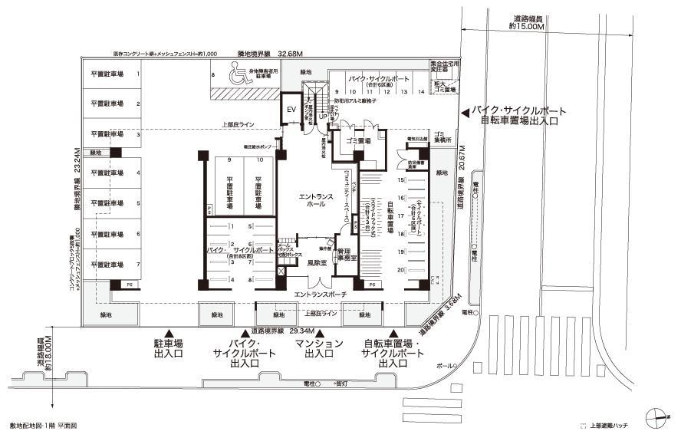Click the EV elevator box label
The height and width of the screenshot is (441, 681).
coord(291,110)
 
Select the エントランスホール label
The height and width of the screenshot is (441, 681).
coord(317,201)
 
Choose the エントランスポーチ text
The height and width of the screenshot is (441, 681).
coord(318,294)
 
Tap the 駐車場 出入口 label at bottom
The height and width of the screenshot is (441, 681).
coord(169,350)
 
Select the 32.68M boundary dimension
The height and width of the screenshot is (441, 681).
coord(291,54)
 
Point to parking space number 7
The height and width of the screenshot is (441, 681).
coord(138,264)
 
